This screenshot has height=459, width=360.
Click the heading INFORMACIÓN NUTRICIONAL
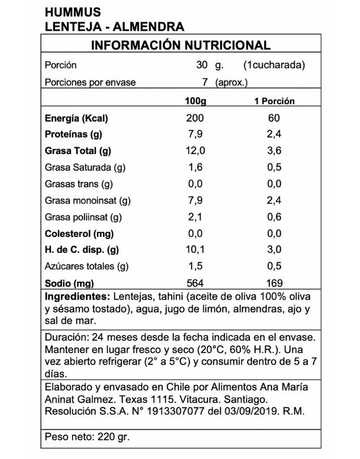click(x=180, y=46)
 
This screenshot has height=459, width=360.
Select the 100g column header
click(x=195, y=101)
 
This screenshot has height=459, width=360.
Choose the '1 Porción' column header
click(x=274, y=101)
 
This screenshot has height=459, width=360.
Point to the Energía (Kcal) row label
click(x=76, y=118)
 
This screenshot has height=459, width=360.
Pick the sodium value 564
click(x=195, y=283)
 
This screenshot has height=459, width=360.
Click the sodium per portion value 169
click(x=274, y=283)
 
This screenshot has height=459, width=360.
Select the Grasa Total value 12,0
click(x=195, y=151)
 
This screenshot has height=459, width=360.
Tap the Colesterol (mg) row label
click(x=79, y=234)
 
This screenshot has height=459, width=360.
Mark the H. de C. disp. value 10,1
click(x=195, y=250)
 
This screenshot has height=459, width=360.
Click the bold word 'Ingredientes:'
click(x=77, y=297)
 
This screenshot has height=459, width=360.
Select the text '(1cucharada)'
click(x=274, y=65)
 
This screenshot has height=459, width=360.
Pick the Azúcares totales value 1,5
click(x=195, y=266)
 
